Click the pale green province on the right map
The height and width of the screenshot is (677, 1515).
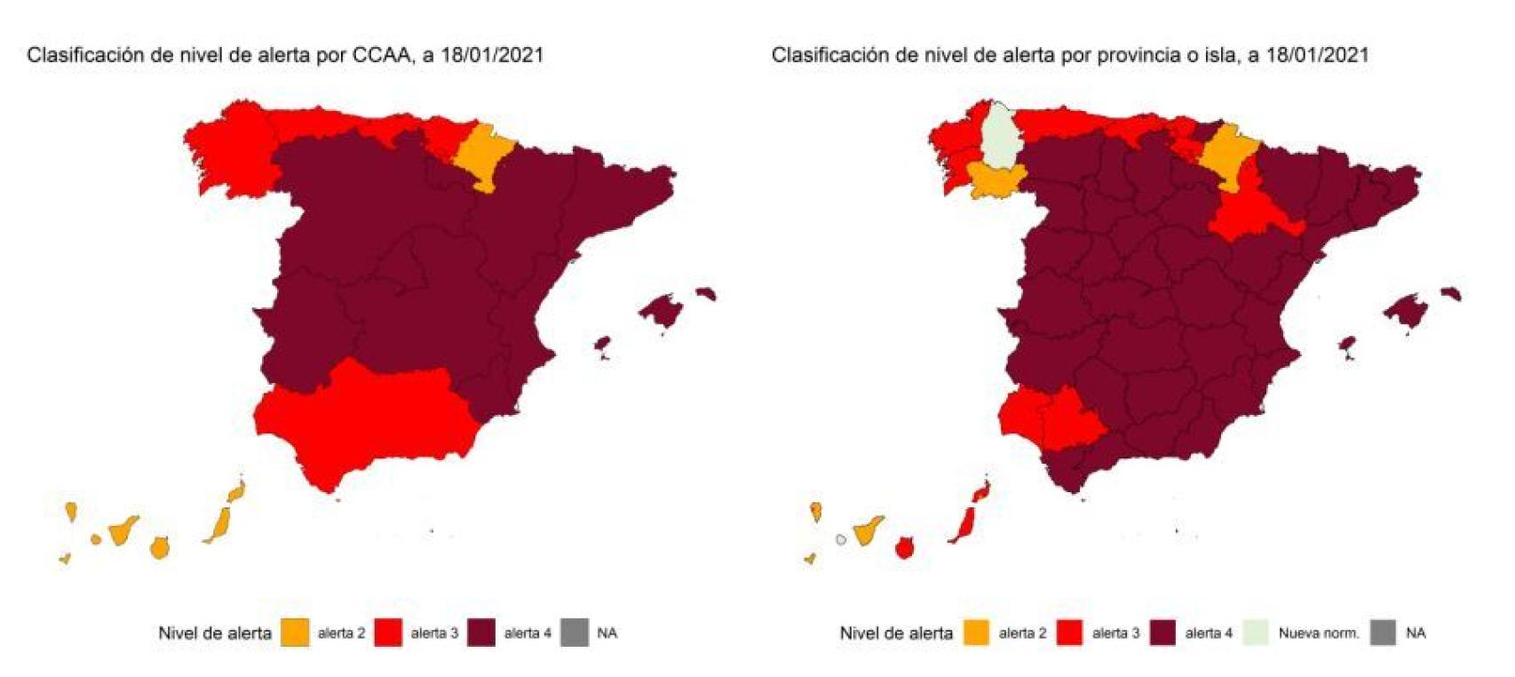tap(1000, 138)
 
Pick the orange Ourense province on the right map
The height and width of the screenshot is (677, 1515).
tap(994, 181)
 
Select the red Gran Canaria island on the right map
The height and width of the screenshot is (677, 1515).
tap(904, 548)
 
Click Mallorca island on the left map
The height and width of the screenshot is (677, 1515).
tap(659, 310)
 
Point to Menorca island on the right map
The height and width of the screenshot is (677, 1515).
tap(1451, 293)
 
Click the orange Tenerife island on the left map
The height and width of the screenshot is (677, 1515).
tap(123, 531)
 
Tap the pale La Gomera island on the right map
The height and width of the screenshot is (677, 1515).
tap(841, 538)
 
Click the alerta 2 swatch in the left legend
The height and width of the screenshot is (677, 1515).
tap(295, 633)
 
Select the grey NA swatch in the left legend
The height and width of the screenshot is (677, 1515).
tap(575, 633)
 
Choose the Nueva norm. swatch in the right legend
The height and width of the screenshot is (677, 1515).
tap(1256, 633)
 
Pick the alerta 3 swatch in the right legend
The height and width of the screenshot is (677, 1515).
tap(1069, 633)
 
